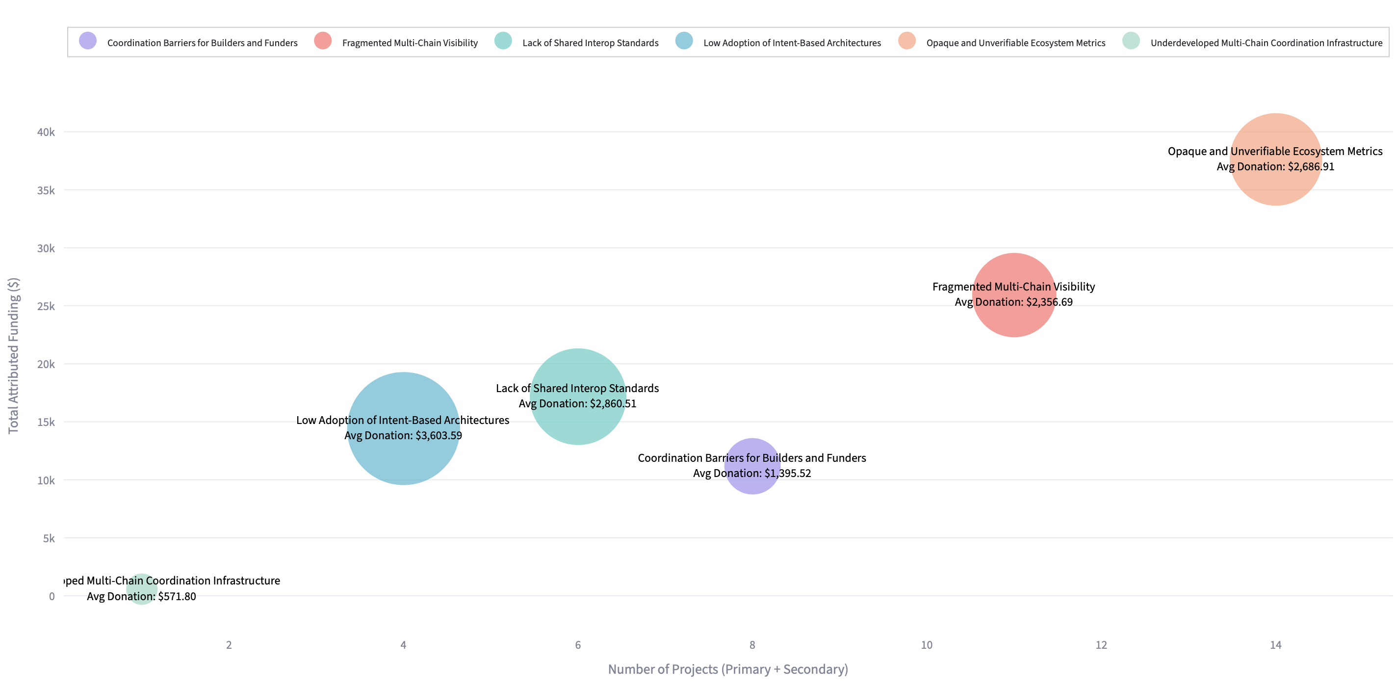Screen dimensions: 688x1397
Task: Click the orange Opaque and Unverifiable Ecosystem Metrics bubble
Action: pyautogui.click(x=1275, y=185)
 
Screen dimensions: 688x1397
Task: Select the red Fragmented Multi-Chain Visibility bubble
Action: pyautogui.click(x=1013, y=320)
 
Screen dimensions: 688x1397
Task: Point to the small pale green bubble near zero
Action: pyautogui.click(x=142, y=589)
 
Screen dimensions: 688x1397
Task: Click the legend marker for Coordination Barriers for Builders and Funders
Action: pyautogui.click(x=88, y=41)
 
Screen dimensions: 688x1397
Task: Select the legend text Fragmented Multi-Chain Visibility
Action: pyautogui.click(x=410, y=43)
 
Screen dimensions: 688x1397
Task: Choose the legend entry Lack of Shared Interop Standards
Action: pyautogui.click(x=590, y=43)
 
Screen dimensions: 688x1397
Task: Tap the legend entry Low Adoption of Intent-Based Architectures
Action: pyautogui.click(x=792, y=43)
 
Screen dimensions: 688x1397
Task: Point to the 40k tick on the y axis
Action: pyautogui.click(x=46, y=132)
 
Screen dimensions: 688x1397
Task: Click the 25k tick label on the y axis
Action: pyautogui.click(x=46, y=307)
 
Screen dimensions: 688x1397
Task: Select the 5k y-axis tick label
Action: pyautogui.click(x=49, y=538)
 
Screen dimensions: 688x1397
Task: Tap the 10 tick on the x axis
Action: pyautogui.click(x=926, y=645)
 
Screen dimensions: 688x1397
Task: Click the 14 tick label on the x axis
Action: pyautogui.click(x=1275, y=645)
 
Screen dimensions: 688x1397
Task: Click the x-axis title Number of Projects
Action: pyautogui.click(x=727, y=669)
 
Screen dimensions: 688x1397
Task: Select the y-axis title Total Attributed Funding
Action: pyautogui.click(x=14, y=355)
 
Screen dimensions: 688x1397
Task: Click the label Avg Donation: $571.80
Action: pyautogui.click(x=142, y=596)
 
